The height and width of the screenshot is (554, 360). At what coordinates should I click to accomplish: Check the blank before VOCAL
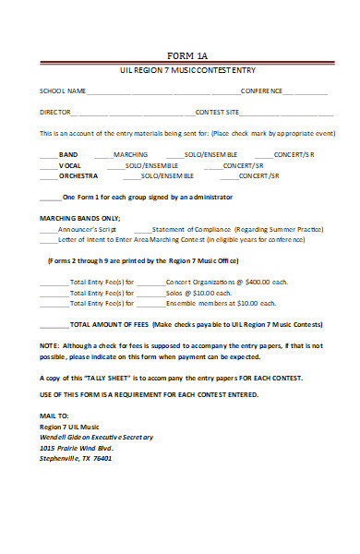(48, 165)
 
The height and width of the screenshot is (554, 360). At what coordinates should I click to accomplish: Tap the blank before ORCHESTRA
(48, 175)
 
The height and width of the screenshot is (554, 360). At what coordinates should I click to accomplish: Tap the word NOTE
(49, 345)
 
